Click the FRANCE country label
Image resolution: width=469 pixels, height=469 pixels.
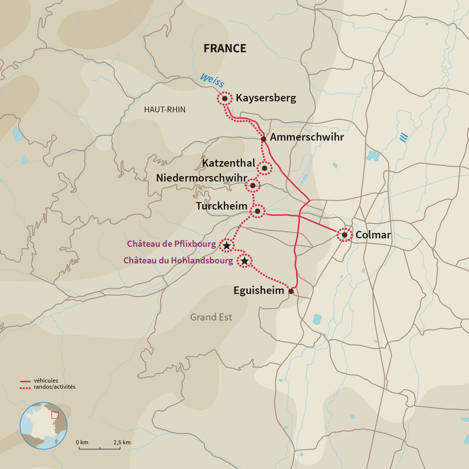tap(225, 48)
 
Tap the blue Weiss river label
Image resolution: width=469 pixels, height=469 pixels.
tap(212, 80)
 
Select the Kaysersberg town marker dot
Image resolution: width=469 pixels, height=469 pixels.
tap(225, 99)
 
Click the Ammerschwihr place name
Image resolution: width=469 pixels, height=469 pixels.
tap(307, 137)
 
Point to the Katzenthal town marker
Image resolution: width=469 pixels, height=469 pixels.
tap(265, 168)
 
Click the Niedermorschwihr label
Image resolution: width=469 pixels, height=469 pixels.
tap(201, 178)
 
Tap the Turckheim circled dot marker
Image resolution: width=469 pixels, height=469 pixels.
tap(258, 211)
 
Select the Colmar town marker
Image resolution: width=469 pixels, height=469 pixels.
tap(344, 235)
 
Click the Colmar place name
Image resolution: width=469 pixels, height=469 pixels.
tap(373, 235)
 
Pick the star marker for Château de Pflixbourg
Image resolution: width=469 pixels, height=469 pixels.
tap(226, 245)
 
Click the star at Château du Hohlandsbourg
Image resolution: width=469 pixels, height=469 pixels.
tap(245, 261)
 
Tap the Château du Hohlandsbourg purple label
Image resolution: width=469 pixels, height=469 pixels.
tap(178, 260)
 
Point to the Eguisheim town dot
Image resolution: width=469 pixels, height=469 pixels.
tap(291, 291)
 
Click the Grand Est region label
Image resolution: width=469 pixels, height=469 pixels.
tap(211, 317)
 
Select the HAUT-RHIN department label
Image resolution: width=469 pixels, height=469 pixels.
tap(165, 109)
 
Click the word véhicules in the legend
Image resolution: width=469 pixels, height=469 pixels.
tap(46, 381)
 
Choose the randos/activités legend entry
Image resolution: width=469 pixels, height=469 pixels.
tap(55, 387)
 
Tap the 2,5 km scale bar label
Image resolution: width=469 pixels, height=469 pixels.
tap(122, 442)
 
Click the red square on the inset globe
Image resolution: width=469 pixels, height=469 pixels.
tap(55, 415)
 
